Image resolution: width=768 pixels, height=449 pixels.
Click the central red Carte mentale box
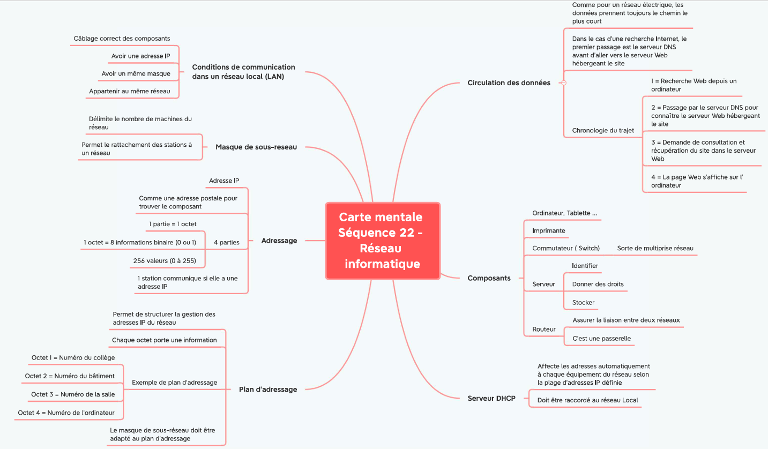[383, 241]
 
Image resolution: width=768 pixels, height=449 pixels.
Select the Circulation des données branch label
[509, 83]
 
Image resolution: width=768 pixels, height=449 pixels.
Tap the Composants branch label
[489, 278]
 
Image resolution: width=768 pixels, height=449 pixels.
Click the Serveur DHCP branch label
[491, 398]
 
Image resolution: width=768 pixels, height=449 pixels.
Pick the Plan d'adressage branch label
[268, 390]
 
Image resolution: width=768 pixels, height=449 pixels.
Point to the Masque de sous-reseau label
[256, 147]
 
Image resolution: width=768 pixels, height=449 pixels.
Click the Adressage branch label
[279, 241]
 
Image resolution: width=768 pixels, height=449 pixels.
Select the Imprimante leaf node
[549, 231]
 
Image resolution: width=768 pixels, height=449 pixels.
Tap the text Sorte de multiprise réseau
[655, 248]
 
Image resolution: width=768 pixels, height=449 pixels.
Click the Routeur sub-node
[544, 330]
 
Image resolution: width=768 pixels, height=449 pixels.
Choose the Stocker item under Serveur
[583, 302]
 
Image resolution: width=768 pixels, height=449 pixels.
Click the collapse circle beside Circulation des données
[564, 83]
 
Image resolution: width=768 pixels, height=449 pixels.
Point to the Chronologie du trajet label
[603, 130]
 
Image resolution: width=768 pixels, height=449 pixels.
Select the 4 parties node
[226, 242]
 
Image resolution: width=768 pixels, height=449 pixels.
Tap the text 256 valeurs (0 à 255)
[165, 260]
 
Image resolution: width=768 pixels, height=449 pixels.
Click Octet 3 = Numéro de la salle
[73, 394]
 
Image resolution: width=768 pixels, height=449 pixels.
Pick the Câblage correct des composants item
[122, 39]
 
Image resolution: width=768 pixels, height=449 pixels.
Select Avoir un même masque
[136, 73]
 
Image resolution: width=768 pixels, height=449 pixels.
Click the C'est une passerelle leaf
[601, 338]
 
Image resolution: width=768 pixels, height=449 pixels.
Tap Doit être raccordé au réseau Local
[587, 400]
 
